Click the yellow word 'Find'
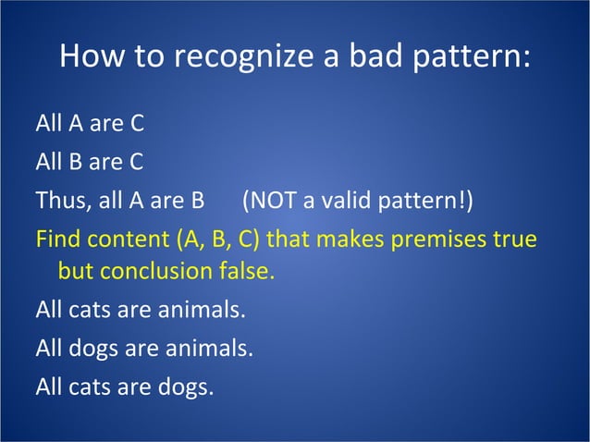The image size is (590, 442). point(57,239)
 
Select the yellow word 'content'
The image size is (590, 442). point(127,239)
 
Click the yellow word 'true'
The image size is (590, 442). point(515,239)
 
